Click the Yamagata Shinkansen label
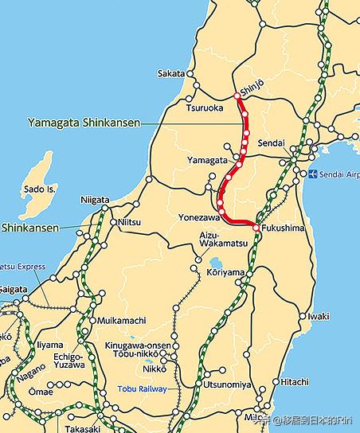click(x=84, y=123)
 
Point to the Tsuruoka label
click(x=206, y=107)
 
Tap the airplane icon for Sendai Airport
click(x=313, y=174)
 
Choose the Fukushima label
click(x=284, y=228)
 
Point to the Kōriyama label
click(x=226, y=272)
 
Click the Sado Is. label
click(x=40, y=189)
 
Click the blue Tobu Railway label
click(x=143, y=388)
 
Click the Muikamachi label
click(x=120, y=321)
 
